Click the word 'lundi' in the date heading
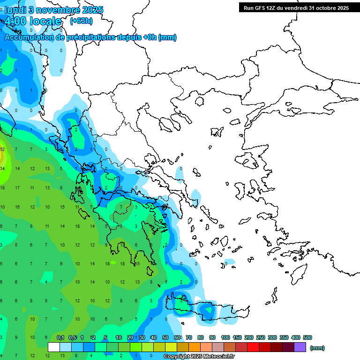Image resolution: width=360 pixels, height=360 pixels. pyautogui.click(x=15, y=10)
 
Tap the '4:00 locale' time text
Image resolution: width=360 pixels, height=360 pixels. pyautogui.click(x=33, y=21)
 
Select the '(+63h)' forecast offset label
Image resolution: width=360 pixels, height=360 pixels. pyautogui.click(x=81, y=21)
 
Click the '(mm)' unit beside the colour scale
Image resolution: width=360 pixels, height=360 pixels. pyautogui.click(x=317, y=348)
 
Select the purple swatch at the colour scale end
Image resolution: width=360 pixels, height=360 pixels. pyautogui.click(x=300, y=347)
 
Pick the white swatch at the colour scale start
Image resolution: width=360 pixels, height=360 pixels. pyautogui.click(x=54, y=347)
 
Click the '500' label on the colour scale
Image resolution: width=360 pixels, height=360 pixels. pyautogui.click(x=307, y=337)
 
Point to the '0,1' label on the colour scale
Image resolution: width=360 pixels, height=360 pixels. pyautogui.click(x=60, y=337)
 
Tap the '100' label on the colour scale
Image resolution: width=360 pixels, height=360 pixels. pyautogui.click(x=225, y=337)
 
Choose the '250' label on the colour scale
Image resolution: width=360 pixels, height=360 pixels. pyautogui.click(x=261, y=337)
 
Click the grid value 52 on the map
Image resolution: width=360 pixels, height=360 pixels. pyautogui.click(x=2, y=149)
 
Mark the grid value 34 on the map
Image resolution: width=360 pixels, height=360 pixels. pyautogui.click(x=2, y=169)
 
